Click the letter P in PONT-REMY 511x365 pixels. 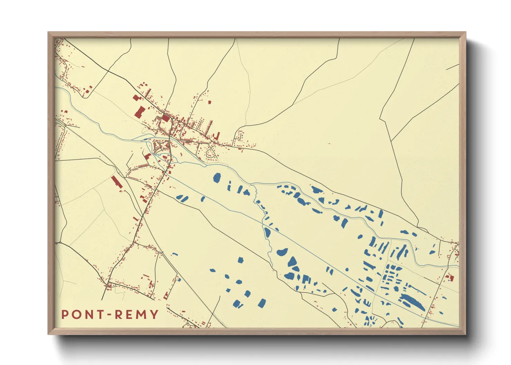pyautogui.click(x=65, y=315)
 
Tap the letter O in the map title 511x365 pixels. pyautogui.click(x=76, y=315)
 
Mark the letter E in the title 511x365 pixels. pyautogui.click(x=129, y=315)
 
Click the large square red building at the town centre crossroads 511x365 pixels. pyautogui.click(x=165, y=118)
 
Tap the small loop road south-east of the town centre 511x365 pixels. pyautogui.click(x=211, y=152)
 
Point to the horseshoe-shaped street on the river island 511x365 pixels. pyautogui.click(x=158, y=146)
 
